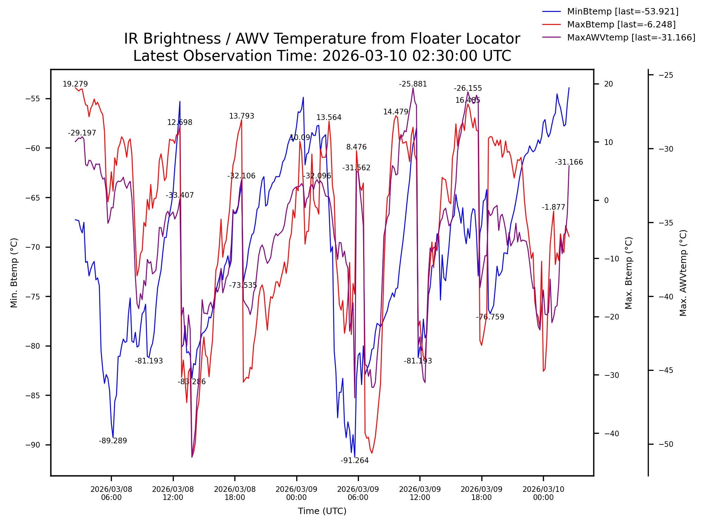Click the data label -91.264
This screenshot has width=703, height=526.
point(354,461)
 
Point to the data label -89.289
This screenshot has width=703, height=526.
point(113,441)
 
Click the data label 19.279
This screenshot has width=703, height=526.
point(75,84)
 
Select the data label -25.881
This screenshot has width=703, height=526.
point(413,84)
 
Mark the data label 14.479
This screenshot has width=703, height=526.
point(395,112)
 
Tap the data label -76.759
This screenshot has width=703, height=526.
point(490,317)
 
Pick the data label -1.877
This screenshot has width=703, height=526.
point(553,207)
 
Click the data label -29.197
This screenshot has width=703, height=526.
point(82,133)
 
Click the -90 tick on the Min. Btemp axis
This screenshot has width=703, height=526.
point(33,445)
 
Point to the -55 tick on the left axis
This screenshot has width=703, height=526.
point(33,99)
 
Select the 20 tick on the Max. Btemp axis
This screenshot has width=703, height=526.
point(608,84)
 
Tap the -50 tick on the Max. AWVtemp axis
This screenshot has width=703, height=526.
point(666,444)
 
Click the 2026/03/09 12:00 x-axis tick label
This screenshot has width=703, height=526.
point(420,493)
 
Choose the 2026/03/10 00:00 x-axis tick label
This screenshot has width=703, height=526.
point(543,493)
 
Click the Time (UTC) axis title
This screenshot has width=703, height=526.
point(322,511)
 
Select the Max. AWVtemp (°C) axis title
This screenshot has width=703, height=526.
point(683,273)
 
